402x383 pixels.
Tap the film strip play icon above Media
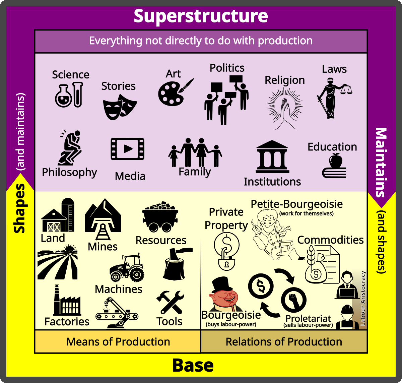pos(127,149)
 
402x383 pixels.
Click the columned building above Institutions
pos(272,156)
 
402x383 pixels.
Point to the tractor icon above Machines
pos(127,268)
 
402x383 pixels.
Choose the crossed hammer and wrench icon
pos(170,302)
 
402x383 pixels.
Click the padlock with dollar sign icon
pos(226,251)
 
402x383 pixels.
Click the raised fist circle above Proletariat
pos(294,300)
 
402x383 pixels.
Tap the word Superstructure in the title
pos(201,16)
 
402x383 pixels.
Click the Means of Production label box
pos(118,341)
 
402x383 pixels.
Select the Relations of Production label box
pos(284,341)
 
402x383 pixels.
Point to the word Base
pos(193,365)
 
